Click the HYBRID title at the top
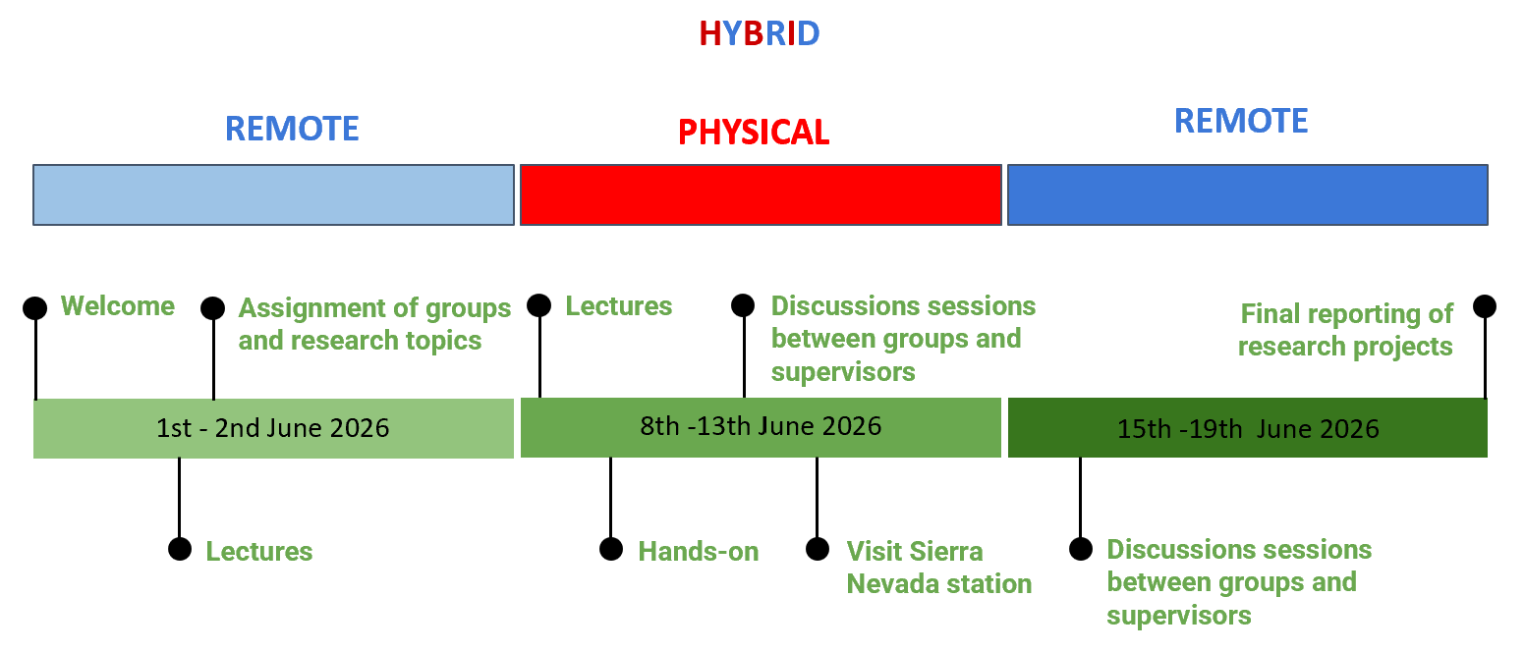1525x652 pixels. click(x=760, y=33)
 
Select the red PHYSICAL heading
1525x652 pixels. click(x=754, y=132)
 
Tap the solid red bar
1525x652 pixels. click(x=761, y=194)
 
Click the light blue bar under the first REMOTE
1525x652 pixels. click(x=274, y=194)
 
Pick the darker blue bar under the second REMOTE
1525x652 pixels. click(x=1247, y=194)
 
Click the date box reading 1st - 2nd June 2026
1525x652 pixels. click(x=274, y=428)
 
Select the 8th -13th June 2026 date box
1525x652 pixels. click(x=761, y=427)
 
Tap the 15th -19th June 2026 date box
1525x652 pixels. click(x=1247, y=427)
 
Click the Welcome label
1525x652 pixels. click(x=118, y=306)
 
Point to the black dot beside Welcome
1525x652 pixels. click(x=34, y=307)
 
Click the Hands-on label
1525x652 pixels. click(x=699, y=551)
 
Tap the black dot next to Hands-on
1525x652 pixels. click(x=611, y=549)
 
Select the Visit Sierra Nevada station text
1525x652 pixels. click(x=938, y=568)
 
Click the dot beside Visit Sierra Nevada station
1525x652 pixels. click(x=818, y=549)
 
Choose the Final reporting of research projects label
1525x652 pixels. click(x=1345, y=330)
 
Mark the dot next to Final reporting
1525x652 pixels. click(x=1484, y=306)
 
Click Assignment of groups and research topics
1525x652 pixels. click(x=374, y=324)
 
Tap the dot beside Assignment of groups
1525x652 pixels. click(x=213, y=307)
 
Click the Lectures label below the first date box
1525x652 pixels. click(x=259, y=551)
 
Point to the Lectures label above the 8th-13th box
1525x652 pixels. click(x=619, y=306)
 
